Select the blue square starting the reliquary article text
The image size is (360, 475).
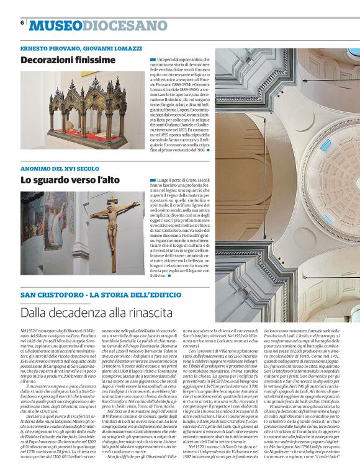click(153, 59)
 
